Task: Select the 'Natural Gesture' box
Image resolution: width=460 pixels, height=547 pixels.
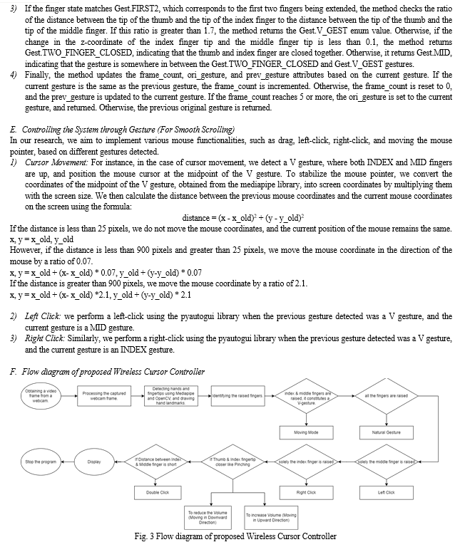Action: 387,432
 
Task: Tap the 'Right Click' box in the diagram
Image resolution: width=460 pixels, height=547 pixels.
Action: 306,492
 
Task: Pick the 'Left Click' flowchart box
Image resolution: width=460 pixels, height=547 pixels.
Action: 387,492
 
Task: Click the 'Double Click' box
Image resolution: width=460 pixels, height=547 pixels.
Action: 158,492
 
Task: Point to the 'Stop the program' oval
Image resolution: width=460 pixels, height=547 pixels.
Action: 41,462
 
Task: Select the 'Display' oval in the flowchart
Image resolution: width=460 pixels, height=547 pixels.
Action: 94,462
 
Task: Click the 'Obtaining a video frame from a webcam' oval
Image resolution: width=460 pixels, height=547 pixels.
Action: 41,395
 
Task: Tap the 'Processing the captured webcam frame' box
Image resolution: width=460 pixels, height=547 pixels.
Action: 104,395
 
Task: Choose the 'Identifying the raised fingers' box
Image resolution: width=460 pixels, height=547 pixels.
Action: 237,395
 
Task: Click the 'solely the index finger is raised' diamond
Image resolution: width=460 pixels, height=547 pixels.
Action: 307,462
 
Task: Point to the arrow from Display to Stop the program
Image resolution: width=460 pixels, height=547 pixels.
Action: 70,462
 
